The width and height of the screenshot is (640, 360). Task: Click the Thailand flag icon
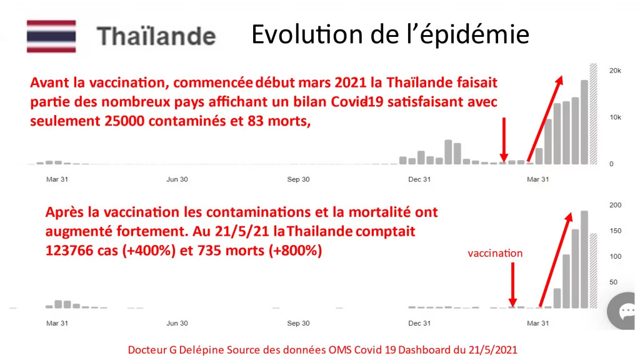point(51,36)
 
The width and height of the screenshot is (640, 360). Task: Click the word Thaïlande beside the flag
point(156,36)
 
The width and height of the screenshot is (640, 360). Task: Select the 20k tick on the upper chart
point(615,71)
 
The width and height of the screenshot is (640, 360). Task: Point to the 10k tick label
point(615,117)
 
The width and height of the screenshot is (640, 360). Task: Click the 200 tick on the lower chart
point(615,205)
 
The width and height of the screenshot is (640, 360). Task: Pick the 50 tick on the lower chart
point(614,282)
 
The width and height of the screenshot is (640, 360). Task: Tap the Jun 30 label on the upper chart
point(177,179)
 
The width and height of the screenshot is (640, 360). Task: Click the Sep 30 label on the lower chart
point(298,323)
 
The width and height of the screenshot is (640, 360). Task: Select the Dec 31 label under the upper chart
point(419,179)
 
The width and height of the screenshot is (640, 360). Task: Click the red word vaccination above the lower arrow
point(495,253)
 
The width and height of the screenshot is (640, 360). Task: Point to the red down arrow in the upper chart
point(504,140)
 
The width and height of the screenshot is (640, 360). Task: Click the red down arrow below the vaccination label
point(512,284)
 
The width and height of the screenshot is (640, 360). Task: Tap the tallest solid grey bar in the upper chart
point(584,122)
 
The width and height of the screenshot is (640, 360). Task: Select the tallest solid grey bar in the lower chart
point(584,259)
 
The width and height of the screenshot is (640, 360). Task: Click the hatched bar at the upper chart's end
point(594,114)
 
